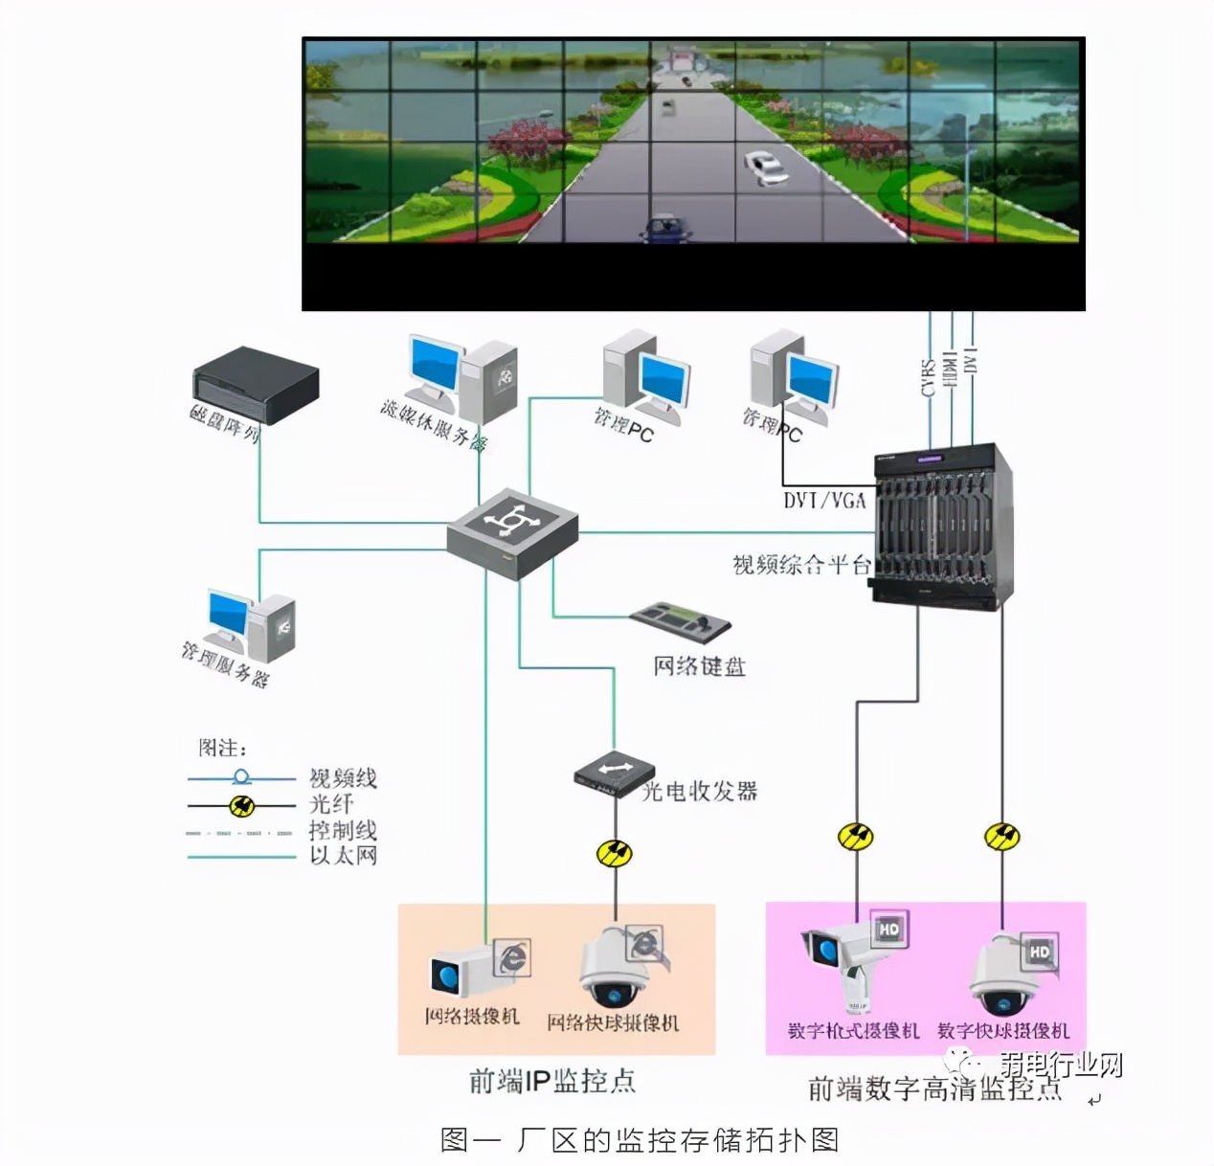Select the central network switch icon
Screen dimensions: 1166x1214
pos(512,532)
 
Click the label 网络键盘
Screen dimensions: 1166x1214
pos(699,665)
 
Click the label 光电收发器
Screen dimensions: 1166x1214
pos(700,791)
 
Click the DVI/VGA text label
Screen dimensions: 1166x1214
pos(824,500)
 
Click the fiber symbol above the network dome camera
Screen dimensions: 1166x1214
pos(615,852)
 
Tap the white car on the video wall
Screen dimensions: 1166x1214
pos(766,168)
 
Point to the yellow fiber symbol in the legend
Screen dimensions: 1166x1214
pos(242,806)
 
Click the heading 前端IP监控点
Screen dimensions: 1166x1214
pos(552,1081)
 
